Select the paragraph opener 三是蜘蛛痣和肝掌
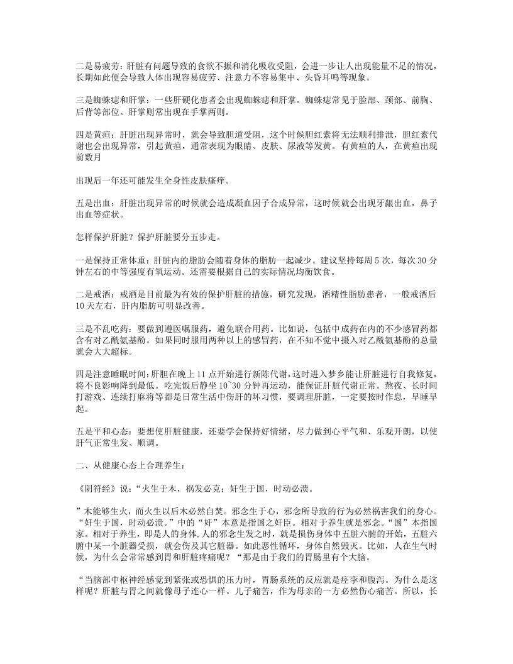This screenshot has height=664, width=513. (x=111, y=101)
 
